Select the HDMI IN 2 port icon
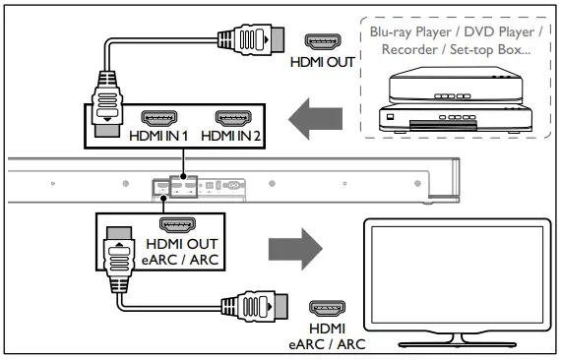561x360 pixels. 234,119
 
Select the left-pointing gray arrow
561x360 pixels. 319,119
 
